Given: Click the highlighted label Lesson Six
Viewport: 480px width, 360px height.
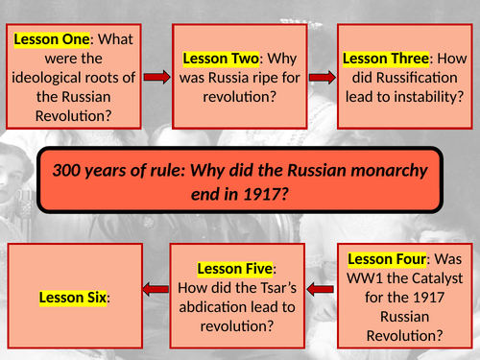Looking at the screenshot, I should tap(71, 298).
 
